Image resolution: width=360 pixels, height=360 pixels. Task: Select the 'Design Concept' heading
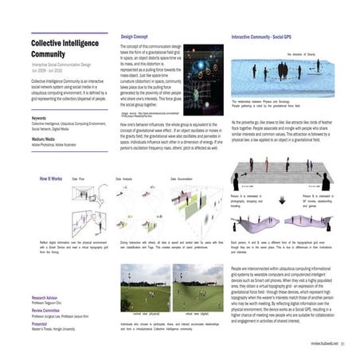point(136,37)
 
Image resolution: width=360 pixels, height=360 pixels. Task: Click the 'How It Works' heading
point(51,180)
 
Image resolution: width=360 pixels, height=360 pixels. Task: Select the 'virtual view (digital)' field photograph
point(198,288)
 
